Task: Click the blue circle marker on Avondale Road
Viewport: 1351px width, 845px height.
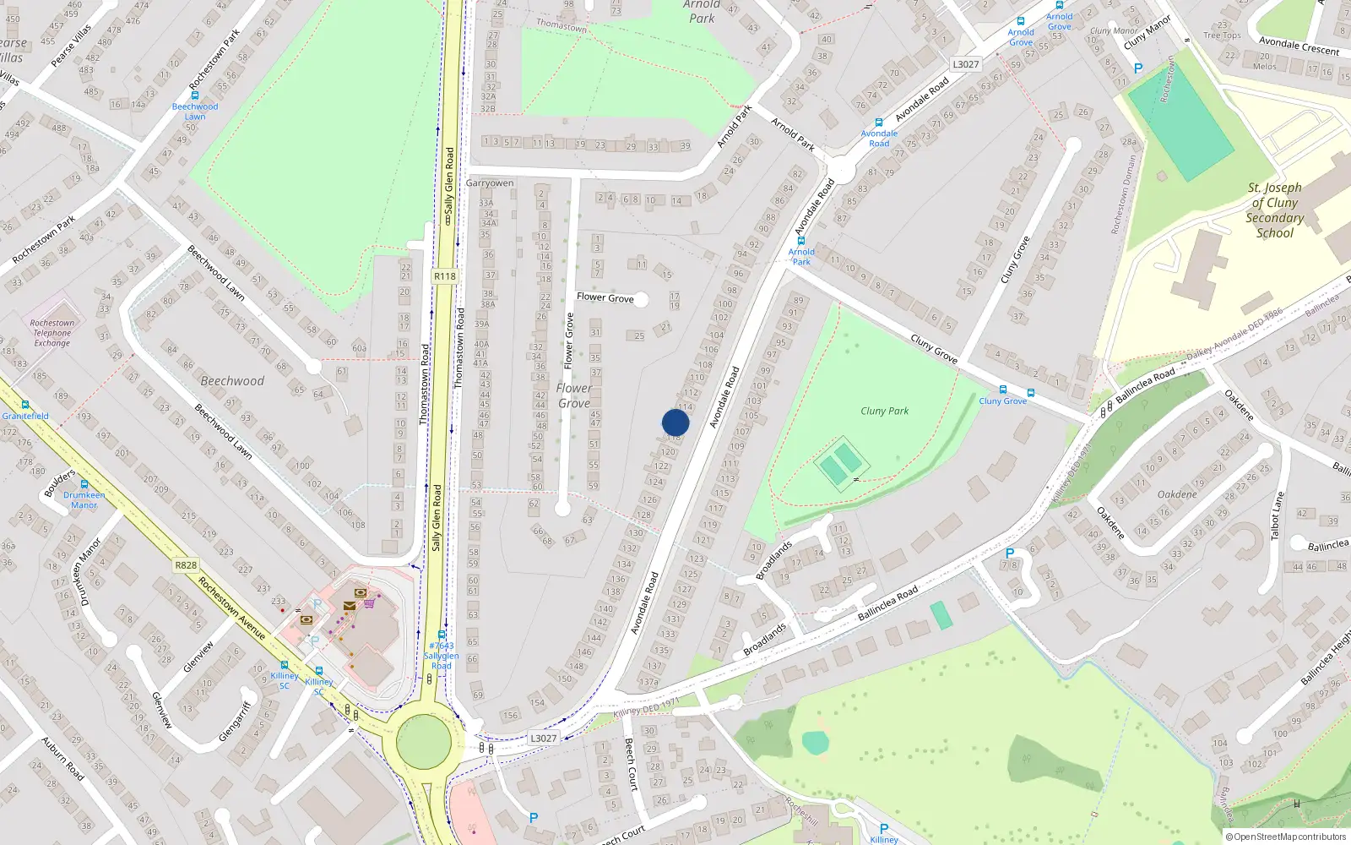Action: pos(675,422)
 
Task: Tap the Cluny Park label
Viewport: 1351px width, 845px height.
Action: pos(884,412)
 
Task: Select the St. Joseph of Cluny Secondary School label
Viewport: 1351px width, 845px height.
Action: pos(1274,210)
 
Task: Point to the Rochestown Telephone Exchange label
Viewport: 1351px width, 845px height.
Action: pos(52,333)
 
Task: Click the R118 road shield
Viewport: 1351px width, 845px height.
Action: pos(444,276)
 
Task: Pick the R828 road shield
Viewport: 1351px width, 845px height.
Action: pos(186,565)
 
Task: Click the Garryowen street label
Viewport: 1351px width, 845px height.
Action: pos(490,183)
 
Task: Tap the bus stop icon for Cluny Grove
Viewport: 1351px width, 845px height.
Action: pos(1003,390)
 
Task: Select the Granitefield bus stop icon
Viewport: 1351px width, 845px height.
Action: pos(25,406)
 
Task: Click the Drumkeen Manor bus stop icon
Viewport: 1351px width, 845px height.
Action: pos(84,485)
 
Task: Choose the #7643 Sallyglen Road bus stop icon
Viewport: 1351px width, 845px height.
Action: pos(441,635)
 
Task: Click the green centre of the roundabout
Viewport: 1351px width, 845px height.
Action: pos(424,741)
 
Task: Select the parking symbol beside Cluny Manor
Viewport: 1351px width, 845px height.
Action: pos(1138,68)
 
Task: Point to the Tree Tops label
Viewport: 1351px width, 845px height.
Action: pos(1222,35)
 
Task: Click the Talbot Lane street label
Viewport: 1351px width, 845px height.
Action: pos(1276,515)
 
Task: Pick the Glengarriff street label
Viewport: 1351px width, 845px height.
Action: pos(235,721)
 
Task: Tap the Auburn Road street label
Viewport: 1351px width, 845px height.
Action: pos(63,759)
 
